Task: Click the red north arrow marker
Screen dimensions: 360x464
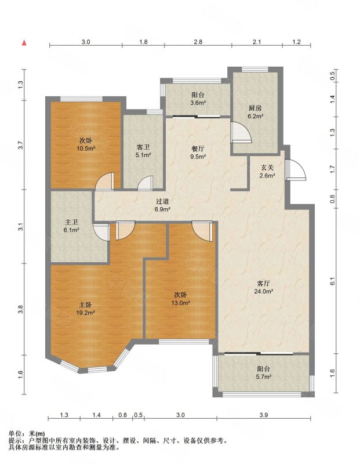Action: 24,43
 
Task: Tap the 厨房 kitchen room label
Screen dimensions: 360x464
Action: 255,108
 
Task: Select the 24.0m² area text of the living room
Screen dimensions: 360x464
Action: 263,291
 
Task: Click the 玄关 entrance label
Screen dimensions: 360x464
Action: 267,168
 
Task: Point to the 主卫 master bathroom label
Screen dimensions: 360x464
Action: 71,222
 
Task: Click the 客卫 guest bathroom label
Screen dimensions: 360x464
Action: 143,147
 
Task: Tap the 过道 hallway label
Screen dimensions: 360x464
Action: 162,202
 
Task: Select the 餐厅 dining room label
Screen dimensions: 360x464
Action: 198,149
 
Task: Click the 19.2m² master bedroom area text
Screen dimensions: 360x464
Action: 85,313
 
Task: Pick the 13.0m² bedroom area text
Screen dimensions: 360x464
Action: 180,303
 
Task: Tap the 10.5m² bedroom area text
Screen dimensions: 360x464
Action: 86,148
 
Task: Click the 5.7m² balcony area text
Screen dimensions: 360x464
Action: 264,377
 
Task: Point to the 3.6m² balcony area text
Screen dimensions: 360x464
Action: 198,103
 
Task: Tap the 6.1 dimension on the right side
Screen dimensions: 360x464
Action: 333,281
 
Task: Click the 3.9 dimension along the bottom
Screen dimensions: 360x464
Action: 264,415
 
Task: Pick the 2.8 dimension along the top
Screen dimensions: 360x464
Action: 198,42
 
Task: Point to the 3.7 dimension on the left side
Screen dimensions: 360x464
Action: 20,146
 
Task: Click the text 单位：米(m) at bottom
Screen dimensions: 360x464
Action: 27,434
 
